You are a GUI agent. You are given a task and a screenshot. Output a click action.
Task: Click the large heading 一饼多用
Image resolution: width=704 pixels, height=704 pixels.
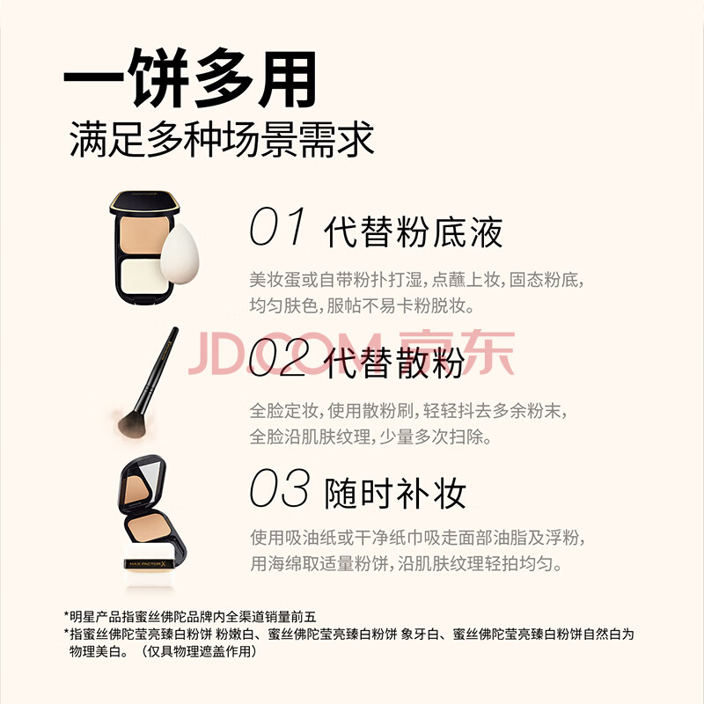pos(190,78)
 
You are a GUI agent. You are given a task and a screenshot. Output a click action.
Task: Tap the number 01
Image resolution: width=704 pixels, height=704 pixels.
pos(276,226)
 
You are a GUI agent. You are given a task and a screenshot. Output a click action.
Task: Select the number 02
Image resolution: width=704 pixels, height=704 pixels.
pos(279,357)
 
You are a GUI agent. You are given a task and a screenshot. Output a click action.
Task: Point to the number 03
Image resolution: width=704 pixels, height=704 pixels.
pos(279,488)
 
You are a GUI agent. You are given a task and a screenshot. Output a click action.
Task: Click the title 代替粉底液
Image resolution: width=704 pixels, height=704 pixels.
pos(413,232)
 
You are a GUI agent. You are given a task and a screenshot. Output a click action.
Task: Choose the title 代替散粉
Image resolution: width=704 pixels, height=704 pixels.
pos(394,363)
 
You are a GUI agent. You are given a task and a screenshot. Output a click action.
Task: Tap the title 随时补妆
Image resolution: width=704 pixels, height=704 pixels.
pos(395,494)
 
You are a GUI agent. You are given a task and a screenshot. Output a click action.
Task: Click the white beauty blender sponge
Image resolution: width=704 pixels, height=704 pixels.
pos(180,253)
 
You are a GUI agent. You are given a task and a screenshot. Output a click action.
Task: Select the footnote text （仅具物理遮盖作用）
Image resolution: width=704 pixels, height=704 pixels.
pos(199,651)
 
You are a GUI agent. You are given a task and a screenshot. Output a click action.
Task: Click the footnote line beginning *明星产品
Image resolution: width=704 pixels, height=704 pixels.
pos(190,617)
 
